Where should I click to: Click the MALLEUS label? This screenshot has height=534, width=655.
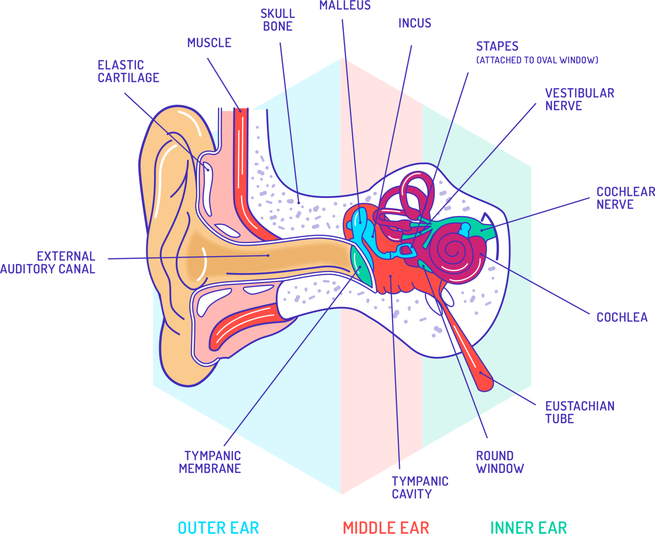[345, 6]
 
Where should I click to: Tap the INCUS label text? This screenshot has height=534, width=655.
[415, 23]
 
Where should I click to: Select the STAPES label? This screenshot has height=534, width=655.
[497, 47]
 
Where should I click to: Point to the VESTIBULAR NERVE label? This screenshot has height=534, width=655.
[579, 99]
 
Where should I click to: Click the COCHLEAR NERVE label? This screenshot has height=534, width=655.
[625, 198]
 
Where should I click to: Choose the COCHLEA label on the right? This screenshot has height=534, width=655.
[622, 317]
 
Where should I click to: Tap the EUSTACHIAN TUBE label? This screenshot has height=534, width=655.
[579, 412]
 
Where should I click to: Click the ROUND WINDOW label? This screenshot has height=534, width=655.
[500, 462]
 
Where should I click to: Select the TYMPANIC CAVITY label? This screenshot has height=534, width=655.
[420, 487]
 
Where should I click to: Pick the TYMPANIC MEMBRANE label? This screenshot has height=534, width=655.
[210, 462]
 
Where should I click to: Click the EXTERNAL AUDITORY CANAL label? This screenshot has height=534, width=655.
[48, 262]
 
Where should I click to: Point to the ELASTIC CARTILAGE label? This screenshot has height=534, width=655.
[128, 71]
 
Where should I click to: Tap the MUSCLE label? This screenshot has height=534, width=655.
[209, 43]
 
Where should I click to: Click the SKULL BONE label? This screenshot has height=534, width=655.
[278, 20]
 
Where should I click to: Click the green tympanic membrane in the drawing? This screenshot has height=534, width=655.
[361, 269]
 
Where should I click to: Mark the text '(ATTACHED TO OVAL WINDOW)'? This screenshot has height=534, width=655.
[537, 60]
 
